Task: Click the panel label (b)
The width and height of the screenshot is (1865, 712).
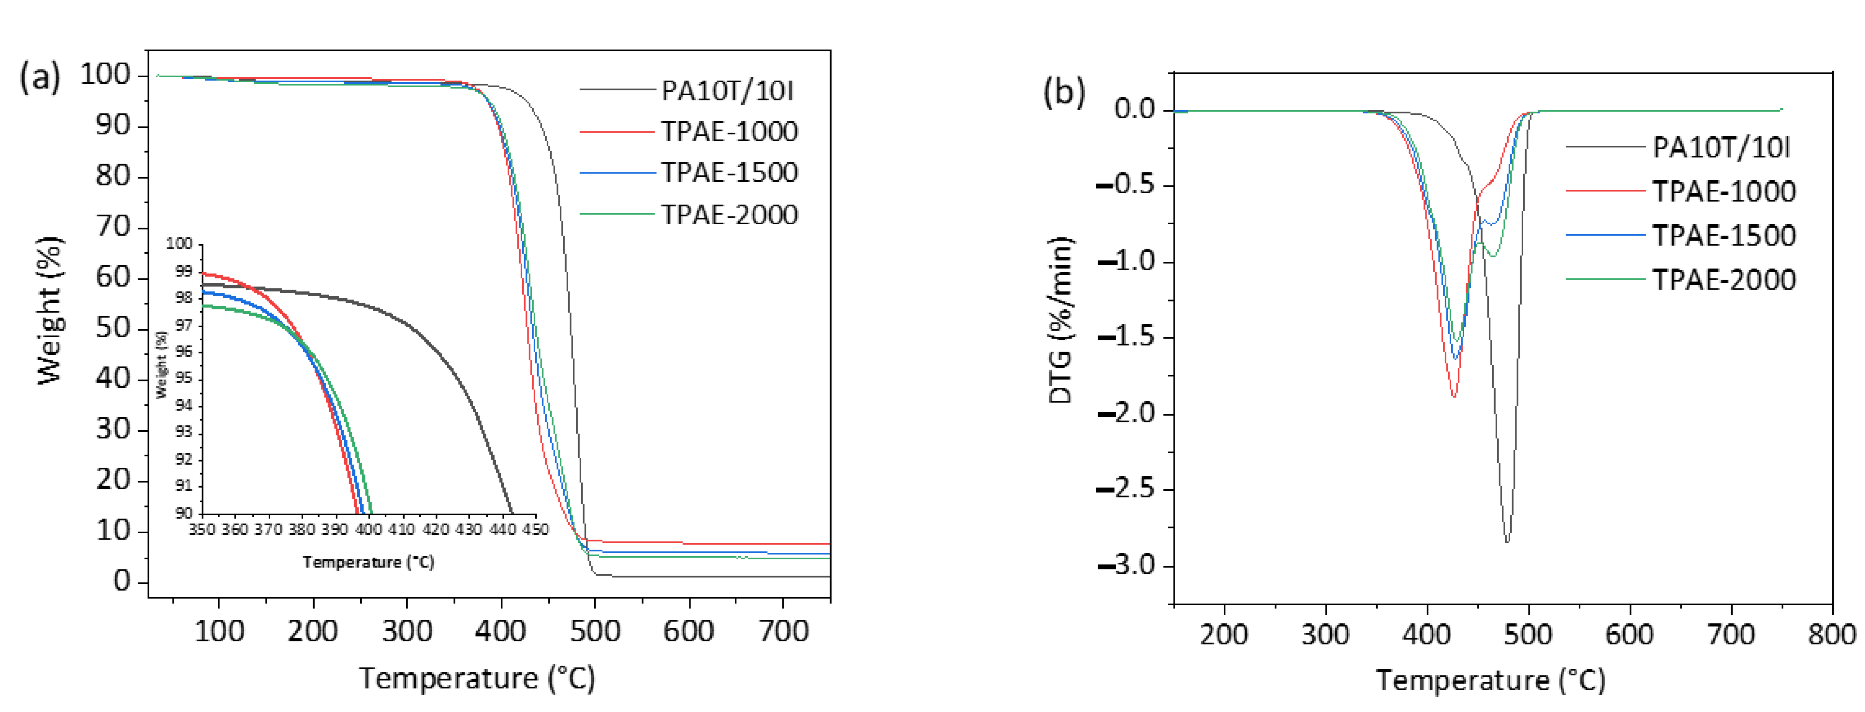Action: click(1063, 92)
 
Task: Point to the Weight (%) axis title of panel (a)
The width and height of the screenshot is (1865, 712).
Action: click(50, 311)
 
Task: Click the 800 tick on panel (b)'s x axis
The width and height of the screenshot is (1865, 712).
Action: click(1832, 635)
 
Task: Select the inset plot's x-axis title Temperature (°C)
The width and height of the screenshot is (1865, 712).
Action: click(368, 562)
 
